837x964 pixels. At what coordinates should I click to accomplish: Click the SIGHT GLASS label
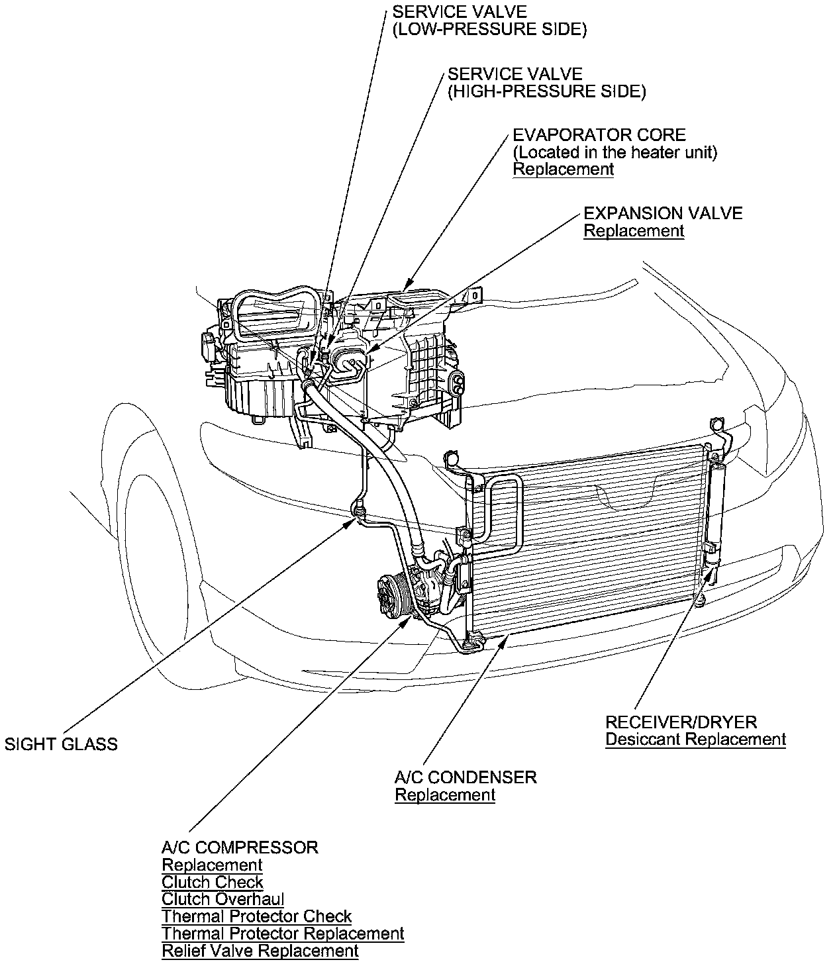(x=61, y=744)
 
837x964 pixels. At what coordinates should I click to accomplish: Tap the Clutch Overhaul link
(x=222, y=899)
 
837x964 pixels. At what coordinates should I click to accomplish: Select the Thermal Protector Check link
(x=256, y=916)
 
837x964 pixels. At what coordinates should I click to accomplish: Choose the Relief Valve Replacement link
(x=260, y=951)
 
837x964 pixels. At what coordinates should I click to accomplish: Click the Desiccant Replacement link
(x=695, y=740)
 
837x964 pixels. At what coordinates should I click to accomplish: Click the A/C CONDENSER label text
(x=466, y=777)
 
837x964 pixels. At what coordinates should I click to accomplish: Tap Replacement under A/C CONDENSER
(x=445, y=795)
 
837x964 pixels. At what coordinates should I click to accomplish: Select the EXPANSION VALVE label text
(x=663, y=213)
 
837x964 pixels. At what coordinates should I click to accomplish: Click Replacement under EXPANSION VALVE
(x=633, y=231)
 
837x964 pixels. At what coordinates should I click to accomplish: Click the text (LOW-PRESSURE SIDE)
(x=489, y=30)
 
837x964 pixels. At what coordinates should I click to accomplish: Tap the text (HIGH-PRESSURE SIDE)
(x=546, y=91)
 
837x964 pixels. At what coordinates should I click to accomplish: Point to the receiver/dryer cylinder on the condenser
(x=716, y=510)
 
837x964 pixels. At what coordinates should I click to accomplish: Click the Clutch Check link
(x=213, y=882)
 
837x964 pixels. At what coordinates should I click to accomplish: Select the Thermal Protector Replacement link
(x=283, y=934)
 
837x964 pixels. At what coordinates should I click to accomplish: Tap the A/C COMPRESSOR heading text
(x=240, y=847)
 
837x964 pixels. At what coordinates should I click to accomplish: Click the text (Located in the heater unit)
(x=615, y=152)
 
